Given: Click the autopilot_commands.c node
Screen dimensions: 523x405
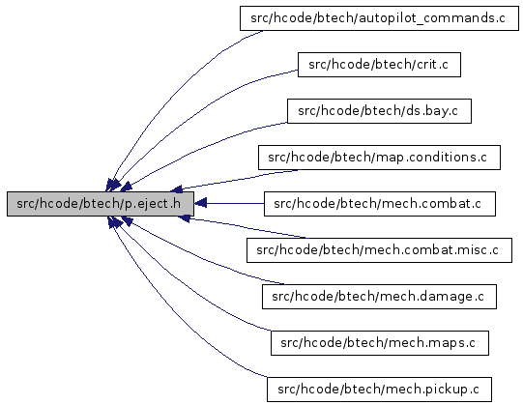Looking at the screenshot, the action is tap(379, 18).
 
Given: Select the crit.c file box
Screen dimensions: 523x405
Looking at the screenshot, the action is tap(379, 65).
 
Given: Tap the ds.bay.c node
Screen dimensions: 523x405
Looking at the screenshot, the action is tap(379, 111).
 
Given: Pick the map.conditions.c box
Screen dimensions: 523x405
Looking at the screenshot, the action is tap(379, 158).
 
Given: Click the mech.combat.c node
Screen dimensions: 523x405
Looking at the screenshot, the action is tap(380, 204).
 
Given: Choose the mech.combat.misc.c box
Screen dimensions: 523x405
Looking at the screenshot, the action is tap(379, 250).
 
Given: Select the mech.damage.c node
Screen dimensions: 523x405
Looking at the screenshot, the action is tap(379, 296).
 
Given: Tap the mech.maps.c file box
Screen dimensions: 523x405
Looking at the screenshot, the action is tap(380, 342).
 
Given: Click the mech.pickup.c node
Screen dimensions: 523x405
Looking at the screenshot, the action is tap(379, 389).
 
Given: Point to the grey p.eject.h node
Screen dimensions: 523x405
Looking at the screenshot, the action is tap(101, 204).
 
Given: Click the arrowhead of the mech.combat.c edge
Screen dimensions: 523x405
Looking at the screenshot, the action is tap(200, 203).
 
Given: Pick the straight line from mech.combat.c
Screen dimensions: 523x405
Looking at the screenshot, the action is tap(235, 203).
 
